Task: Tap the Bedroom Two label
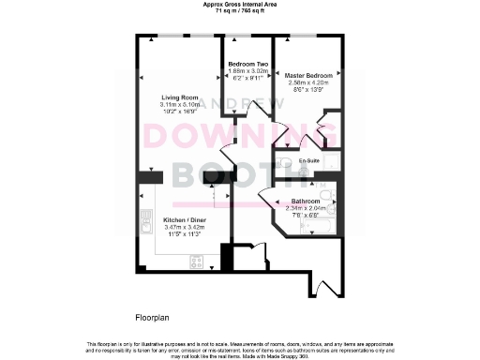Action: [x=248, y=64]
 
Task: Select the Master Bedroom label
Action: [x=302, y=75]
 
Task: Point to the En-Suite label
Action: [x=309, y=161]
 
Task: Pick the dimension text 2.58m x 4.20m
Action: [x=302, y=82]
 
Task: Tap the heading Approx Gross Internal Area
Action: [x=240, y=4]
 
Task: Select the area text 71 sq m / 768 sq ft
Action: [x=240, y=10]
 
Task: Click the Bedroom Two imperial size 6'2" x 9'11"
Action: [x=248, y=78]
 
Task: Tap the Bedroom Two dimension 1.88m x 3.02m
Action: [x=248, y=70]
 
